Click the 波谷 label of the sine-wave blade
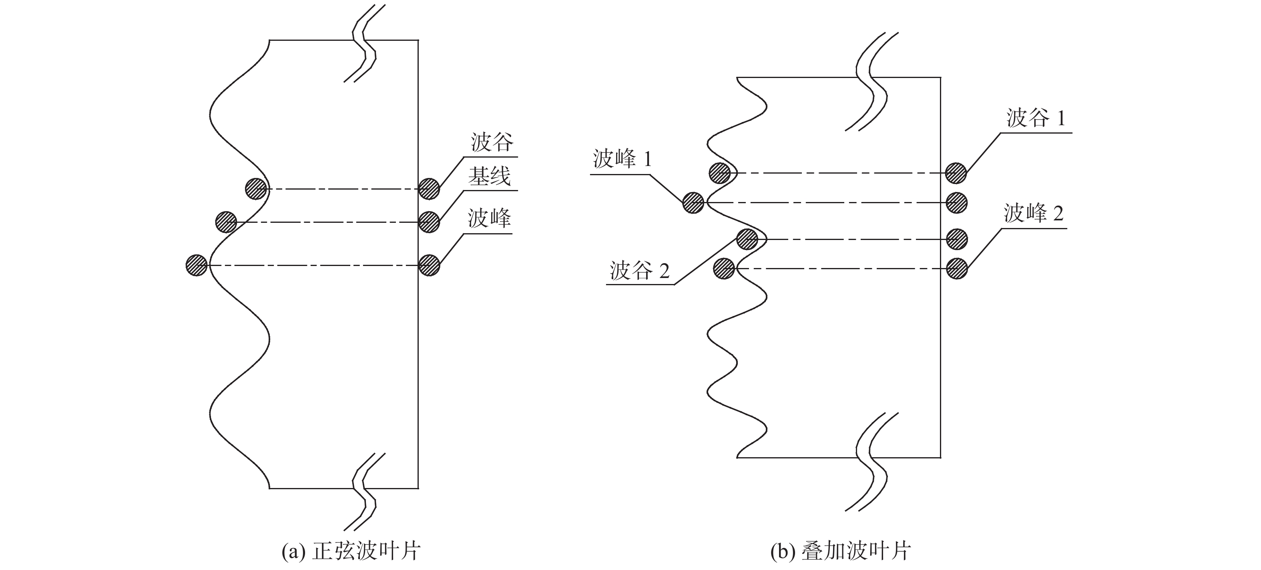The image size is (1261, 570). tap(492, 142)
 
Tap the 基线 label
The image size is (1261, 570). tap(489, 176)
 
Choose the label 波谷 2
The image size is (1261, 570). tap(639, 270)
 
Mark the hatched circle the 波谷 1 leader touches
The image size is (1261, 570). tap(956, 173)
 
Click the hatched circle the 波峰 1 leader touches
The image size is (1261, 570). tap(693, 202)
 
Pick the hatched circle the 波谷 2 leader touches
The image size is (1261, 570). tap(747, 239)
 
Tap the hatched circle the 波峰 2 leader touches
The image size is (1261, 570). tap(956, 269)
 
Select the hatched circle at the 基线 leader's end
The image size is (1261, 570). tap(429, 222)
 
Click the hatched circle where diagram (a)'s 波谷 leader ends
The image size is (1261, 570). tap(429, 189)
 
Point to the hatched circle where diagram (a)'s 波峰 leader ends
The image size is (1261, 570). tap(429, 265)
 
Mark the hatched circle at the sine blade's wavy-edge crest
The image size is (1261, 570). tap(197, 265)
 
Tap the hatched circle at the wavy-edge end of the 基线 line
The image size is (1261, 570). tap(226, 222)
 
